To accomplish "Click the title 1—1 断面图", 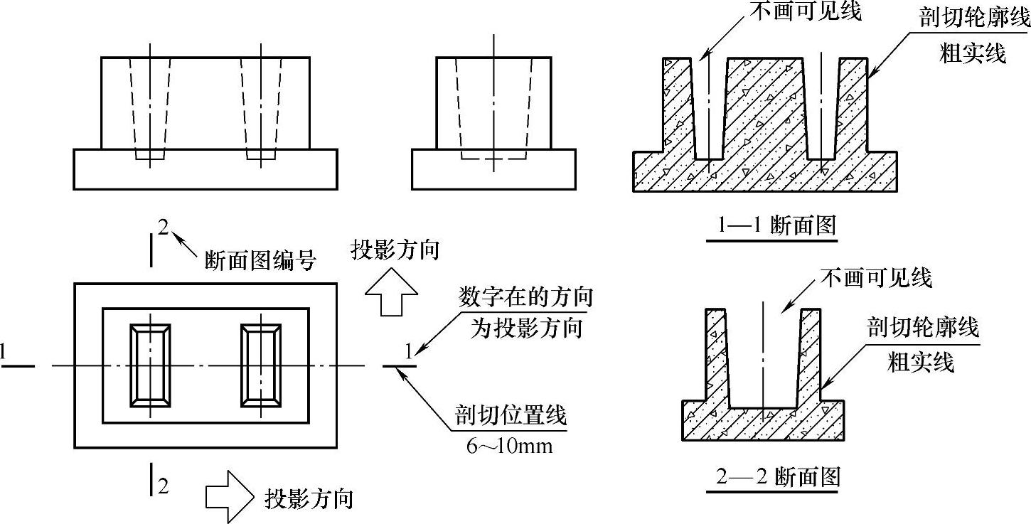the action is (x=776, y=225).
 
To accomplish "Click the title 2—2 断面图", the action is (x=778, y=476).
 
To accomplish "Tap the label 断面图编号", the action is (x=260, y=261).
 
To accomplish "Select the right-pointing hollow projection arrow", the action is (x=229, y=497).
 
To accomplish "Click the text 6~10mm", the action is (x=510, y=446).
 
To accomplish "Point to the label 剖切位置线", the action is (x=511, y=415).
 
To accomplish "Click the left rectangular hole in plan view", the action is (x=150, y=365).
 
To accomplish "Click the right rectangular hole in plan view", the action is (x=261, y=365).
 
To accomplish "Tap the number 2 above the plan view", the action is (x=164, y=228).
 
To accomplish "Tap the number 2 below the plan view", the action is (x=163, y=486).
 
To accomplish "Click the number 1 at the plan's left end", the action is (x=4, y=351).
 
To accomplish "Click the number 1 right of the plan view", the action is (x=409, y=351).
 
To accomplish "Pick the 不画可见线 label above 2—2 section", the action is (x=876, y=277).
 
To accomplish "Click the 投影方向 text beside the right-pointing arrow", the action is (x=309, y=498).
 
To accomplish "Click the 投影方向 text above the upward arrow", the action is (x=395, y=250).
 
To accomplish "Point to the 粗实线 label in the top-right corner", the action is (x=972, y=53).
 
